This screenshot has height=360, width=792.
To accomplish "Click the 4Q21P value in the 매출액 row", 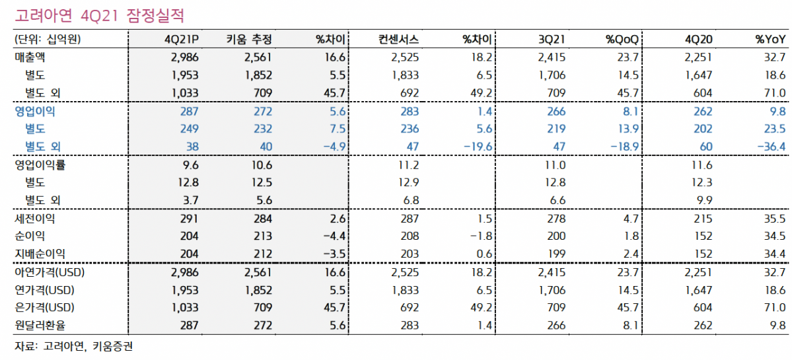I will [184, 57].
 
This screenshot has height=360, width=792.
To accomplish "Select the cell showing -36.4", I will [769, 147].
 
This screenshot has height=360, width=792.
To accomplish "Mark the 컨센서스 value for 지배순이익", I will [410, 254].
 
